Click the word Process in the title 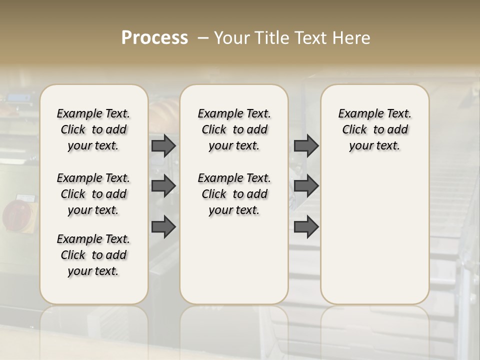pos(154,38)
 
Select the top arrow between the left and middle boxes pos(163,145)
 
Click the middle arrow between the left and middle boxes pos(163,186)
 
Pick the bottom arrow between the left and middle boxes pos(163,227)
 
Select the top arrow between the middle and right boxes pos(306,145)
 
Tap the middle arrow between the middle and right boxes pos(306,186)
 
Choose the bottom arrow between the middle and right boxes pos(306,227)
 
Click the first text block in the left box pos(93,129)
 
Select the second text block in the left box pos(93,194)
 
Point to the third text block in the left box pos(93,255)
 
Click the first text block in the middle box pos(234,129)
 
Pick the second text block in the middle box pos(234,194)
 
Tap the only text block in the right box pos(374,129)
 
